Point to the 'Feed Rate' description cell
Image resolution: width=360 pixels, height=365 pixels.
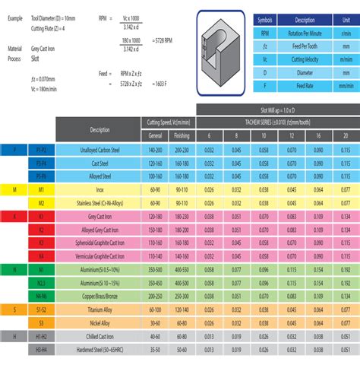click(x=304, y=87)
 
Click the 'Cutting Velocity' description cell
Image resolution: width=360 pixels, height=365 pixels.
click(x=304, y=59)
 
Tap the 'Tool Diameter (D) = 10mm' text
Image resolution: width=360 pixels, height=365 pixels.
click(x=55, y=15)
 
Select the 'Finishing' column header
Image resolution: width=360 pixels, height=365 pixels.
click(x=182, y=135)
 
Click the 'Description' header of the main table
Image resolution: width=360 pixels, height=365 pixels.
click(x=99, y=129)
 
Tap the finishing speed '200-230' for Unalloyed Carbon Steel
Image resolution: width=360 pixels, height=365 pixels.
click(x=182, y=151)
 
